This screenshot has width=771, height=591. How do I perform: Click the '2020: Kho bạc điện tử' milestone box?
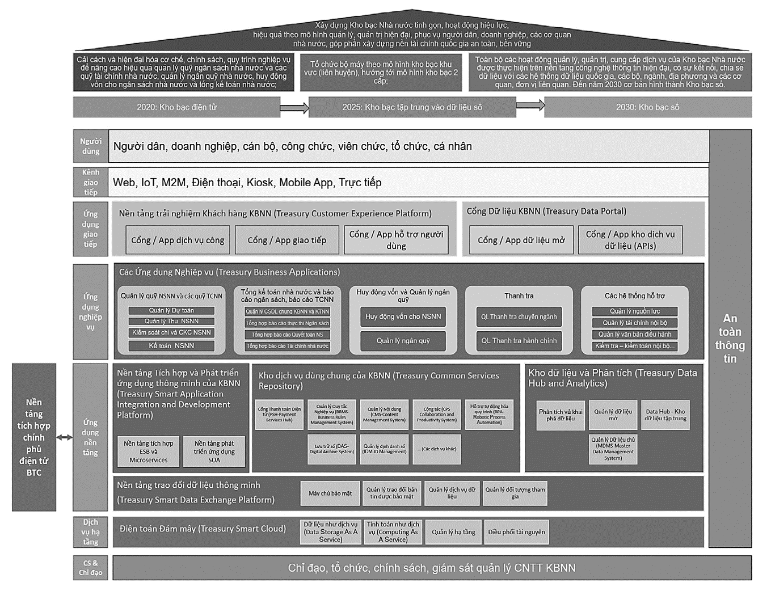pos(176,107)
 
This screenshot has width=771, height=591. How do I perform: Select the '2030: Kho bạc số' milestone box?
pos(647,107)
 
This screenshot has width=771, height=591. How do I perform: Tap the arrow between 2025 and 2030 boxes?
pos(530,105)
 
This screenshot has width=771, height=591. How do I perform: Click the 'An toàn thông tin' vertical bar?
pos(730,338)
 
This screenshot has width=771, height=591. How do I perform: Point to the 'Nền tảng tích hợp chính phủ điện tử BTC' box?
pos(34,437)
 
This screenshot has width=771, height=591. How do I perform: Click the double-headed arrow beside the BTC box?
pos(64,437)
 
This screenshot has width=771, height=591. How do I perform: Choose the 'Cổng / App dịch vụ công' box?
pos(178,240)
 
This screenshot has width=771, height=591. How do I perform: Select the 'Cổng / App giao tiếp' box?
pos(287,240)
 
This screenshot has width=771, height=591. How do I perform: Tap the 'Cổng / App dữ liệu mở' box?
pos(521,240)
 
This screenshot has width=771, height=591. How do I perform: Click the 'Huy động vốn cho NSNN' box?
pos(403,316)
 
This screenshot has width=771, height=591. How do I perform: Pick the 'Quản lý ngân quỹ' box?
pos(403,340)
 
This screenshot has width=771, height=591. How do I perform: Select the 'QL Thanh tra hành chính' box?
pos(519,340)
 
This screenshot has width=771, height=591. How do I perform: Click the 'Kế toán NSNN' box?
pos(171,345)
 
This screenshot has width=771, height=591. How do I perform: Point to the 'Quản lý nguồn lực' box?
pos(634,311)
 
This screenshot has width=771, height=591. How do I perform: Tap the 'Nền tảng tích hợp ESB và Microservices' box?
pos(148,451)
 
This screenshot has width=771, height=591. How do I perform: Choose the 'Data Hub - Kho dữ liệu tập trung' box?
pos(665,415)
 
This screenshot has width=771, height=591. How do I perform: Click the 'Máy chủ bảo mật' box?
pos(330,493)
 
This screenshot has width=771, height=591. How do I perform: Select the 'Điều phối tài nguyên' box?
pos(516,532)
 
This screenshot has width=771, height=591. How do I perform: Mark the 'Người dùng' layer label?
pos(90,146)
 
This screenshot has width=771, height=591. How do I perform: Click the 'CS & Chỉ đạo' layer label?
pos(90,568)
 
